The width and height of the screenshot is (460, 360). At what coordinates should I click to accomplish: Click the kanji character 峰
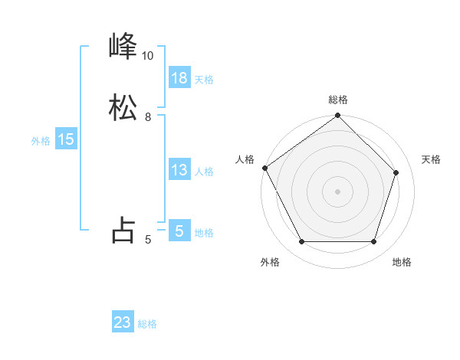[123, 47]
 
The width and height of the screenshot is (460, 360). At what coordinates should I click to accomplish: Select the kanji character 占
[123, 229]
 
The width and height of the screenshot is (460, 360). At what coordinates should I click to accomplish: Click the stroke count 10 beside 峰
[147, 56]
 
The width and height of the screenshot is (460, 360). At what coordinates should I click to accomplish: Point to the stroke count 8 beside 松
[148, 116]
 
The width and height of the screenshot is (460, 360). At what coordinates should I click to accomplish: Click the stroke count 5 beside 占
[148, 240]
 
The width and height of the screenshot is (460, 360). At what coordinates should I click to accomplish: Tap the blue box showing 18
[179, 77]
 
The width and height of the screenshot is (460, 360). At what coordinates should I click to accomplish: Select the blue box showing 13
[179, 170]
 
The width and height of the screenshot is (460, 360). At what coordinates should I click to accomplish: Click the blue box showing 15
[66, 139]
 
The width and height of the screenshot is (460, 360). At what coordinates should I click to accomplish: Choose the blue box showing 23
[123, 322]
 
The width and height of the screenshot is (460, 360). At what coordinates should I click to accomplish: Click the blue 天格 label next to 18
[204, 79]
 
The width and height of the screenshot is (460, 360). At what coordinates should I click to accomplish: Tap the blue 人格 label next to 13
[204, 172]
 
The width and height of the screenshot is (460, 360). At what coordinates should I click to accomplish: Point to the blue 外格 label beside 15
[41, 141]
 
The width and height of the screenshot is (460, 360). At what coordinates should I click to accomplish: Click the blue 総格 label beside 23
[147, 324]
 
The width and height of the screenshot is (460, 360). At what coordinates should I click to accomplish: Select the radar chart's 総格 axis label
[338, 100]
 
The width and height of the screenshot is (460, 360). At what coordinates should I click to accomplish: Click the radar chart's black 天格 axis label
[432, 159]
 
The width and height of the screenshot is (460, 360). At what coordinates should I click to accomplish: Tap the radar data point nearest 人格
[265, 168]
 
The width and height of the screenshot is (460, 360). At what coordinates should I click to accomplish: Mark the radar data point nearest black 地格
[374, 242]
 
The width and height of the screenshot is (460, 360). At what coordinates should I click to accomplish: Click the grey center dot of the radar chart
[338, 191]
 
